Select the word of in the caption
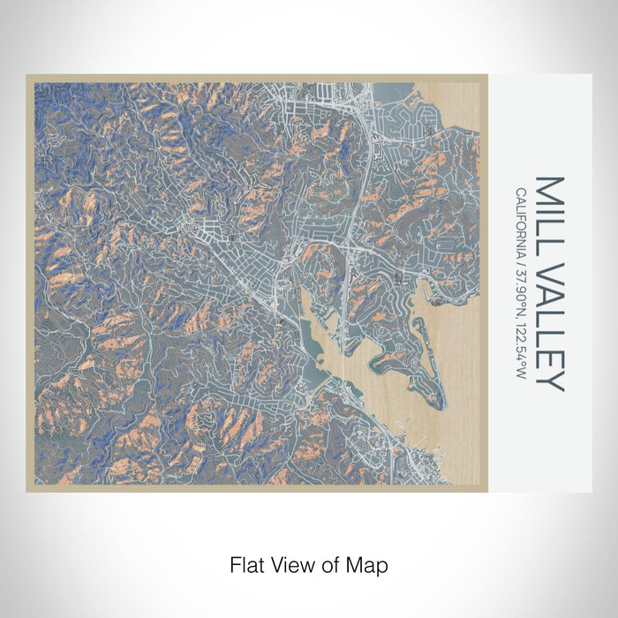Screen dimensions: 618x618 328,564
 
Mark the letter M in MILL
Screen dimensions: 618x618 548,187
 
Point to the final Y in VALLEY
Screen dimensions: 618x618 548,381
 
